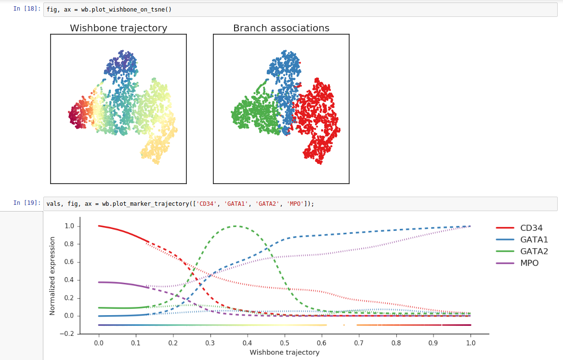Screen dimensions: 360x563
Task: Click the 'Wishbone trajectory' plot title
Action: point(118,28)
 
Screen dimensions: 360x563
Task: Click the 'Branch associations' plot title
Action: point(281,28)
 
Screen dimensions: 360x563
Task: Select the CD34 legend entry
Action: point(530,228)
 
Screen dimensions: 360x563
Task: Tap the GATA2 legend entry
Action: point(534,251)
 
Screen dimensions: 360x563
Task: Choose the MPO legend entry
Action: point(529,263)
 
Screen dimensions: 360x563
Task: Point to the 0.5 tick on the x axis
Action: point(285,343)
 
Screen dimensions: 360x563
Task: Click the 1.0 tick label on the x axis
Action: point(471,343)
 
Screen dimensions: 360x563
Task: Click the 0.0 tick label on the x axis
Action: point(99,343)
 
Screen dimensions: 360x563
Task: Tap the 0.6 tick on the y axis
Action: point(69,262)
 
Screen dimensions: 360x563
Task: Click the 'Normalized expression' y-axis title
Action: point(52,276)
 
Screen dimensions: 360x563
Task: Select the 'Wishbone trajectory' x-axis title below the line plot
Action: point(284,352)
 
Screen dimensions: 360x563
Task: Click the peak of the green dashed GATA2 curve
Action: point(235,226)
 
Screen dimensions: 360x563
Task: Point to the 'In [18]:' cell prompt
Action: point(26,9)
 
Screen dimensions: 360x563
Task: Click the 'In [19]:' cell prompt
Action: point(26,203)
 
